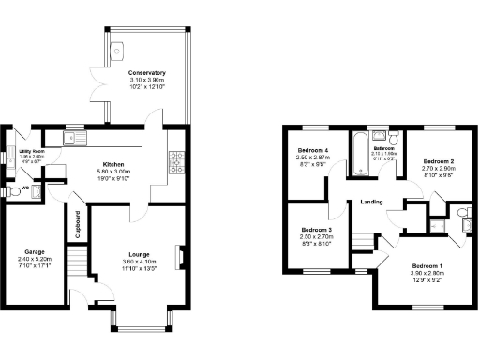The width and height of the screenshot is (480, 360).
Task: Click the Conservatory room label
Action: (x=147, y=73)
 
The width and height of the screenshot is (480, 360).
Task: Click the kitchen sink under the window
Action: (x=73, y=140)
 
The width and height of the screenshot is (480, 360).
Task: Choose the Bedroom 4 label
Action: (x=313, y=151)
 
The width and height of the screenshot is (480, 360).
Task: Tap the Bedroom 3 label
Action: (x=317, y=231)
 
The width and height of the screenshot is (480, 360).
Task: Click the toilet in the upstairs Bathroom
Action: (x=395, y=141)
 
